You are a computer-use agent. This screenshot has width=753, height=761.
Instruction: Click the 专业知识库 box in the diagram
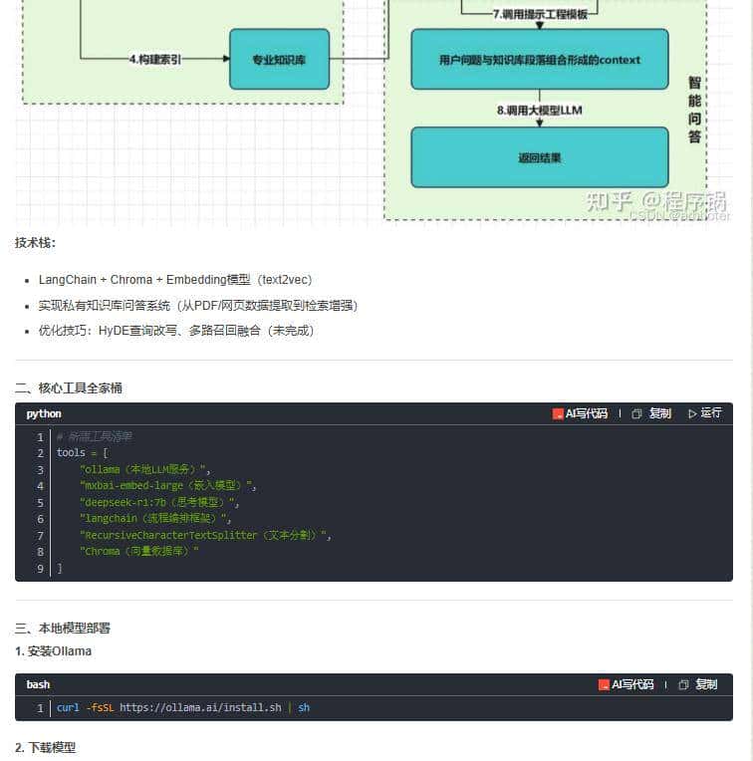pos(279,60)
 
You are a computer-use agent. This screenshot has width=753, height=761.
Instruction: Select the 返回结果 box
pos(540,157)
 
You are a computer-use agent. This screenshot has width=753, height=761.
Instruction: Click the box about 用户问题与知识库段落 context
pos(540,60)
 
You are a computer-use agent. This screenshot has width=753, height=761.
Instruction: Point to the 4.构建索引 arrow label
pos(155,60)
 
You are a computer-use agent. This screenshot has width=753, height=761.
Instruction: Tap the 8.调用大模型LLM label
pos(539,111)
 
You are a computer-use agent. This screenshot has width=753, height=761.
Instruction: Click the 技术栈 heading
pos(36,243)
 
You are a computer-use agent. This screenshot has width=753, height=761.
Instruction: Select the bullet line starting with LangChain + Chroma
pos(175,280)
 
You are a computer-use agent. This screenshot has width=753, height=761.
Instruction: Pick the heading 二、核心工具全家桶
pos(69,388)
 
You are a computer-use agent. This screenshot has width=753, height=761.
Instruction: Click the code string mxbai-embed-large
pos(168,486)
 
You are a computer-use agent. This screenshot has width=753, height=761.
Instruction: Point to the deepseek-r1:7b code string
pos(159,502)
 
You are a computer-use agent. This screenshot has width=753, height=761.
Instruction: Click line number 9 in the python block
pos(41,568)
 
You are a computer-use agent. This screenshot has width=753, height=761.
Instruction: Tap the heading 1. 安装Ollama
pos(53,651)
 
